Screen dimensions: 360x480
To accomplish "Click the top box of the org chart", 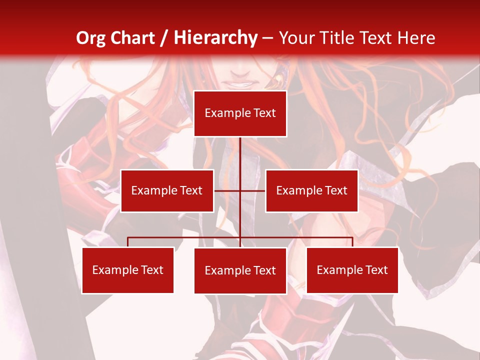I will (240, 113).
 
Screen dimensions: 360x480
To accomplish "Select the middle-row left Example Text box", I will (167, 190).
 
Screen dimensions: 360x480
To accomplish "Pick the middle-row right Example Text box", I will (311, 190).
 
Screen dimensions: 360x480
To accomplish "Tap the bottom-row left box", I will (127, 270).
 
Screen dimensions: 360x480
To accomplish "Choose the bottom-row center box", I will (240, 270).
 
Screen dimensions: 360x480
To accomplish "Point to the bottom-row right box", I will (352, 270).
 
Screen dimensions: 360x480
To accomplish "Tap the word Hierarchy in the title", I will (215, 38).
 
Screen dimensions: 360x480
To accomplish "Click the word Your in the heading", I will (296, 38).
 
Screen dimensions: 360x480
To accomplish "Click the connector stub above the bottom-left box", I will (128, 242).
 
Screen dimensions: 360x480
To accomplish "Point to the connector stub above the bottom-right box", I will (352, 242).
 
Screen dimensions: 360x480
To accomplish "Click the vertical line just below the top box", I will (240, 150).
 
